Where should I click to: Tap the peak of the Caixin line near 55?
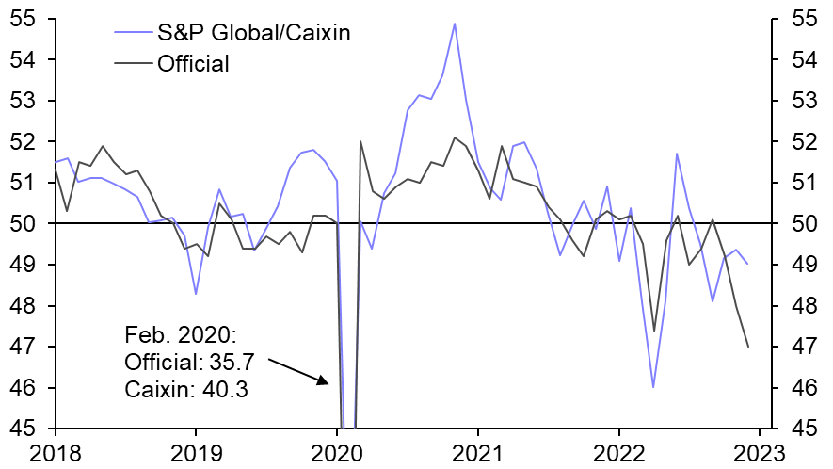455,24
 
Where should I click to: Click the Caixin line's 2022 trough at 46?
653,387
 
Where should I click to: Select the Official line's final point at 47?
748,347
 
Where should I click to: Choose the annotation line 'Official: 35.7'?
191,362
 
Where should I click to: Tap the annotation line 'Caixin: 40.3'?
185,388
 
